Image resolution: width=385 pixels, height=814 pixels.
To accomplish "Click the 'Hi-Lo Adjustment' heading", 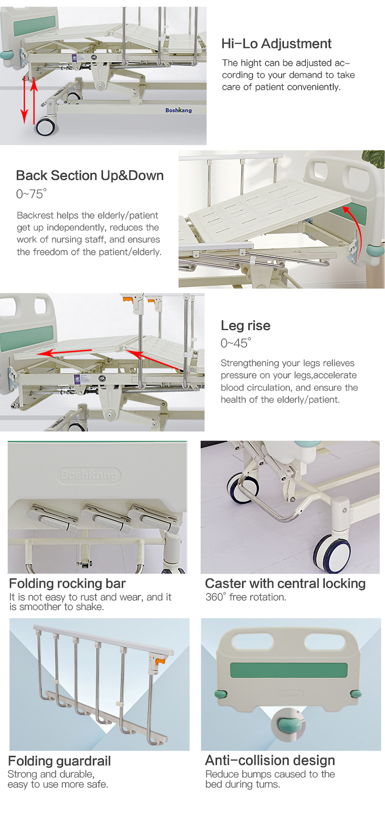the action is coord(276,44).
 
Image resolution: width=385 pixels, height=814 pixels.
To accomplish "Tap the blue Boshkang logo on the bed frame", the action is coord(178,110).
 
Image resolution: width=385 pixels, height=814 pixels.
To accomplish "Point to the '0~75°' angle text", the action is coord(31,194).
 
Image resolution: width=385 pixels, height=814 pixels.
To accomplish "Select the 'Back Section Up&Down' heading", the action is coord(90,175).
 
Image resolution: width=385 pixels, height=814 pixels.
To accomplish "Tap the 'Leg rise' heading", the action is coord(246,325).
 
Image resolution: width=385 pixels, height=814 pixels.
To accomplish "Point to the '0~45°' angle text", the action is coord(236,342).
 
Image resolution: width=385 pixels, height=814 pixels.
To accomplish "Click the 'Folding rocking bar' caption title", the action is coord(67,584).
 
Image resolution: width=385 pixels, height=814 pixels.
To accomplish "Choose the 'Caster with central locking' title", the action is coord(286,584).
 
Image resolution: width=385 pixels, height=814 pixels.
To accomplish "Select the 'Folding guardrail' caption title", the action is coord(59,761).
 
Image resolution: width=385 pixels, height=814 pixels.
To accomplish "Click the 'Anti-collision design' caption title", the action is coord(270,760).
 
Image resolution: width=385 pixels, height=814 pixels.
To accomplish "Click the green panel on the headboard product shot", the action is coord(289,670).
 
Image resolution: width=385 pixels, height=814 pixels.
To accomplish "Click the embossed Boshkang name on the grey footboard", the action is coord(88,475).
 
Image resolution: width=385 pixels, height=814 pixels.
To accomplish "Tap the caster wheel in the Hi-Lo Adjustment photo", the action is coord(46,127).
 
